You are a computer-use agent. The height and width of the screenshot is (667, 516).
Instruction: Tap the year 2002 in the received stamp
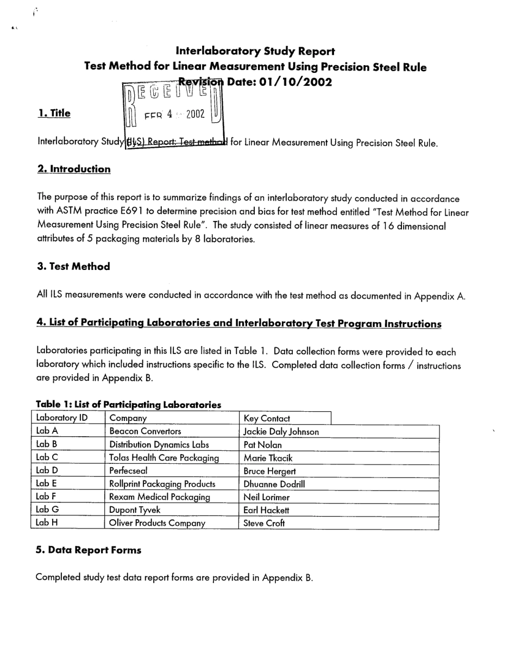[x=195, y=114]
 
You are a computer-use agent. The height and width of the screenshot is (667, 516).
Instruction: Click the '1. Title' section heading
[x=54, y=114]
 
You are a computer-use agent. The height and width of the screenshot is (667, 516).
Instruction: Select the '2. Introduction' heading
[x=73, y=169]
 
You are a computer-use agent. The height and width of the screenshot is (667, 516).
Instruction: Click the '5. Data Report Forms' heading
[x=88, y=550]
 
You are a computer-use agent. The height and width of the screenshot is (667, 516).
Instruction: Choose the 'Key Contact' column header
[x=267, y=418]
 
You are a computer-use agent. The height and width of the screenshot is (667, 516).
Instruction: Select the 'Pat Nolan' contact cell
[x=263, y=445]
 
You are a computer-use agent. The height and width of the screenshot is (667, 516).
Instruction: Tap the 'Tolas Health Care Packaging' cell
[x=164, y=458]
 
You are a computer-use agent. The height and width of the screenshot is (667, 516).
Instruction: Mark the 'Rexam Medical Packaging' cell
[x=160, y=497]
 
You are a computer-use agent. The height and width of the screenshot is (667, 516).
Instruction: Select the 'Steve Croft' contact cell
[x=264, y=524]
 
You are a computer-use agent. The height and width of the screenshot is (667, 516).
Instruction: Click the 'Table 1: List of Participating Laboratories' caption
[x=128, y=405]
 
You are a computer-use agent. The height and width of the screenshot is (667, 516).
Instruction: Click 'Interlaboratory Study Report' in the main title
[x=255, y=51]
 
